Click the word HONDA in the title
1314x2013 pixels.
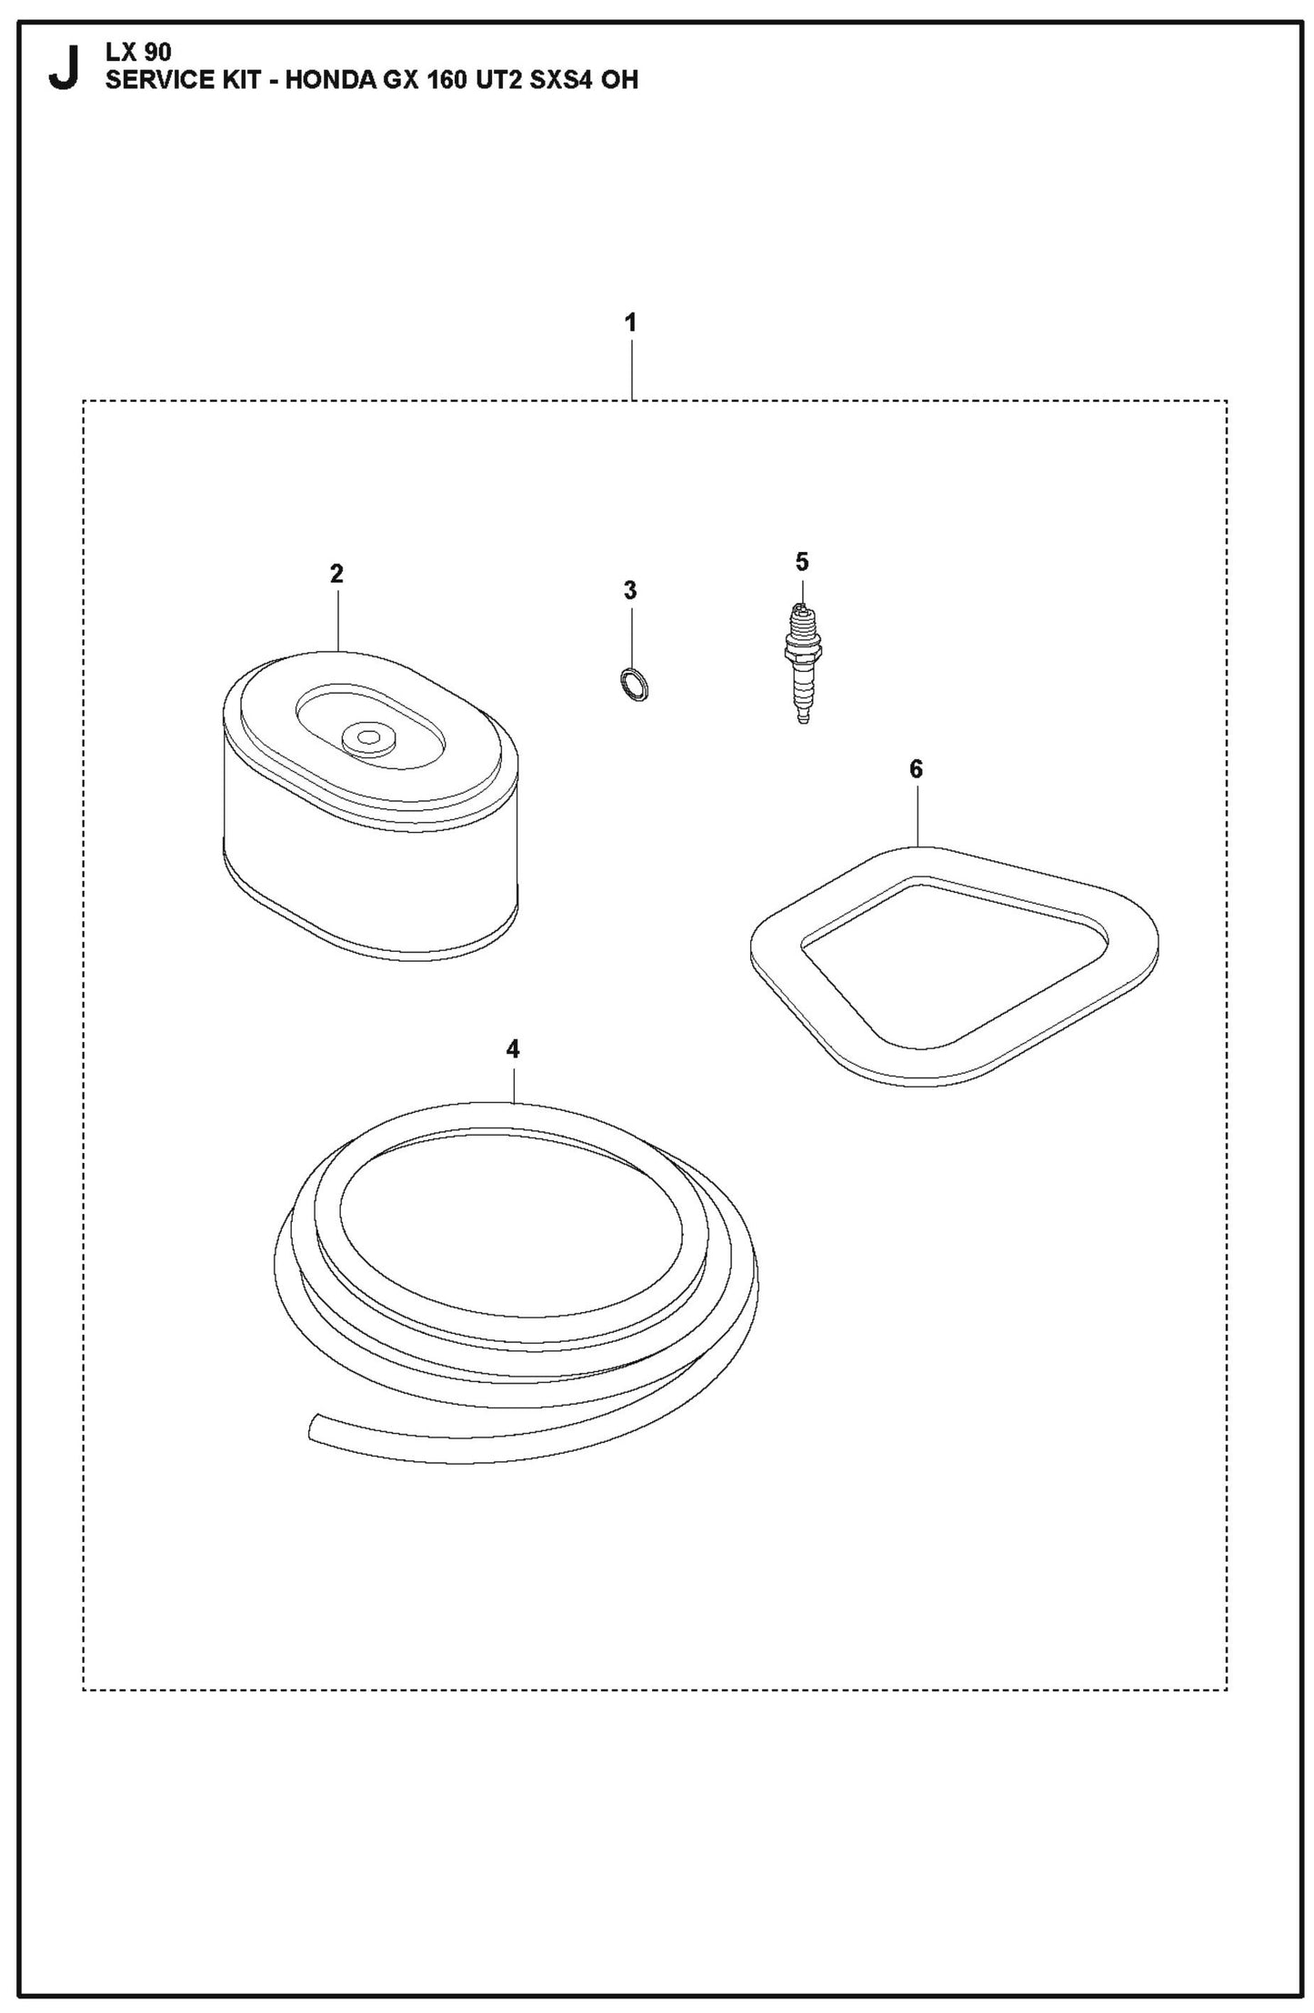329,80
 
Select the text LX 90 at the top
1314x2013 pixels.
138,53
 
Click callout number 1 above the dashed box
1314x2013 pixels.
630,323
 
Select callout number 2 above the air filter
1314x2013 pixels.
336,574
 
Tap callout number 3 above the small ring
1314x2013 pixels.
630,590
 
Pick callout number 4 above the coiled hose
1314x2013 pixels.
513,1049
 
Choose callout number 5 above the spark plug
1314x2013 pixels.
801,562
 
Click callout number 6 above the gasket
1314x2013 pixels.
916,769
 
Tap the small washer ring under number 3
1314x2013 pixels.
634,684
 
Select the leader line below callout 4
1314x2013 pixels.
513,1084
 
